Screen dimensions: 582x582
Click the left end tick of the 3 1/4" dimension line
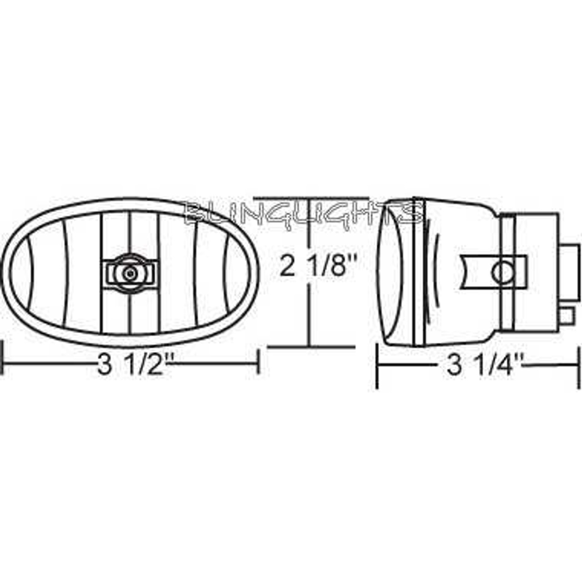[377, 366]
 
